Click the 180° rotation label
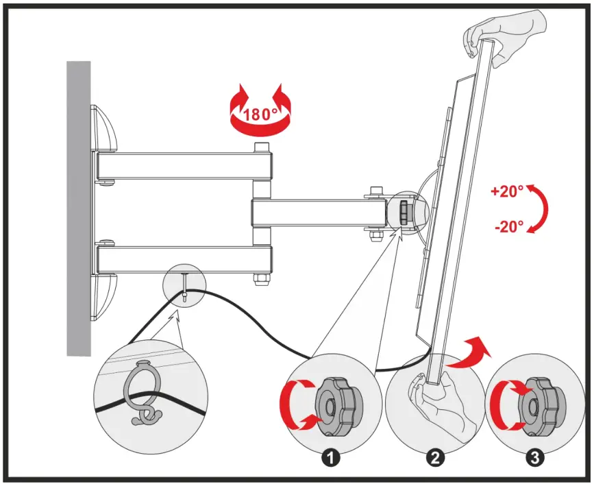click(260, 114)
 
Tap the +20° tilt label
click(508, 191)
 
